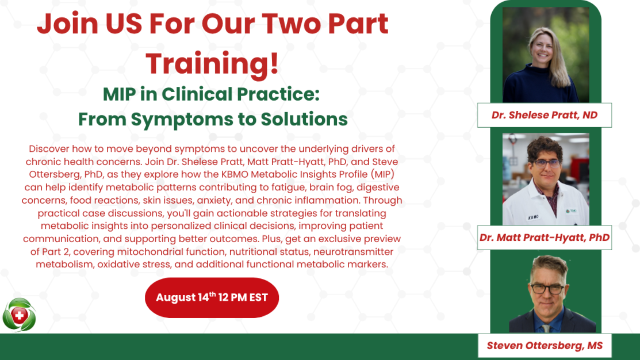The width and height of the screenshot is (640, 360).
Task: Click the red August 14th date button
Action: tap(212, 297)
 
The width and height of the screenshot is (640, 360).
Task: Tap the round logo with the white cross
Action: tap(19, 315)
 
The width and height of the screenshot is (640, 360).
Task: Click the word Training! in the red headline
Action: tap(212, 64)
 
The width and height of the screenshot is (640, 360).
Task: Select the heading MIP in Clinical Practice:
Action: tap(211, 94)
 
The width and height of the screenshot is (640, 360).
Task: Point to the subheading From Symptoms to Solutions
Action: tap(213, 120)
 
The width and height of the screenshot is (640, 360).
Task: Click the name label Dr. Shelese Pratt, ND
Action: tap(545, 115)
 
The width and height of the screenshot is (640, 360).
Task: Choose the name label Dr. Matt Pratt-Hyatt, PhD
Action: tap(545, 238)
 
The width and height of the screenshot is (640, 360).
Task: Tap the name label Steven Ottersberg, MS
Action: tap(545, 346)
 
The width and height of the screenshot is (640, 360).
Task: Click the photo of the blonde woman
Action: tap(546, 55)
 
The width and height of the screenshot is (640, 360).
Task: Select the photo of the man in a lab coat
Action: tap(546, 179)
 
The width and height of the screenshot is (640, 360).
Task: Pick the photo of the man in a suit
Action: tap(550, 294)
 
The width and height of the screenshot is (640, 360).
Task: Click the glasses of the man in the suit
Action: tap(547, 289)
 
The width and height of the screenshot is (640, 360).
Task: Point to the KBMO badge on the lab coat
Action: tap(534, 217)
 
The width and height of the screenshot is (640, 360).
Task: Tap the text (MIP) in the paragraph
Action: tap(382, 174)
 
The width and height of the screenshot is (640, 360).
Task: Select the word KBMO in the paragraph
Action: tap(235, 174)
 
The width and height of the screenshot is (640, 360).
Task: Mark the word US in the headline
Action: tap(124, 23)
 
